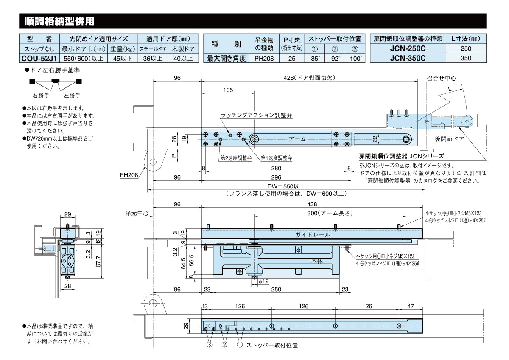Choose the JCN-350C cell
click(x=408, y=59)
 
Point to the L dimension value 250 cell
click(x=465, y=48)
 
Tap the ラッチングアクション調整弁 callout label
click(x=256, y=115)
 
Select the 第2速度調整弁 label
click(x=236, y=158)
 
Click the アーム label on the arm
click(x=297, y=139)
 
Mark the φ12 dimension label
click(x=263, y=281)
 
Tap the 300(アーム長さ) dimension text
click(x=330, y=213)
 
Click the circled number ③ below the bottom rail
click(x=209, y=345)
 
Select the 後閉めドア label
click(x=449, y=139)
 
